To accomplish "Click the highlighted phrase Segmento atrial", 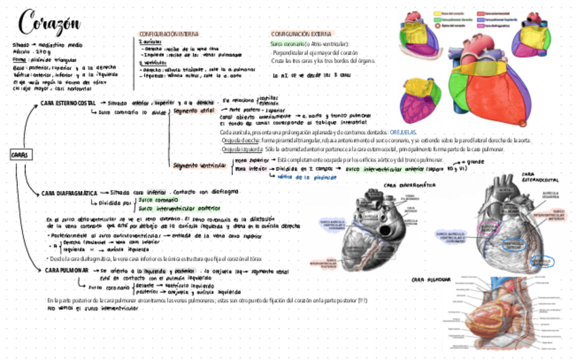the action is tap(194, 109).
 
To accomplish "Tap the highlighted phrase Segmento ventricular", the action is tap(198, 164).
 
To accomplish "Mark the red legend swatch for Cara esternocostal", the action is tap(480, 13).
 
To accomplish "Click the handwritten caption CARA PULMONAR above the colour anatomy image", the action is tap(429, 279).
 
